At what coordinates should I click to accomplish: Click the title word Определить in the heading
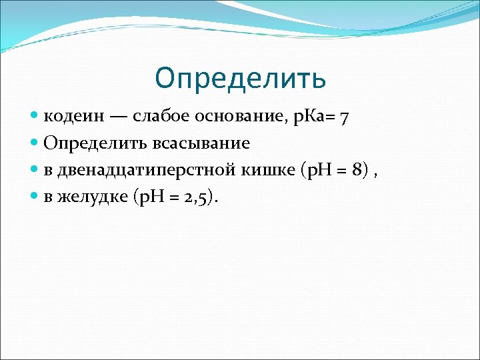[x=240, y=78]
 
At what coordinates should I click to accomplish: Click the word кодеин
[x=73, y=117]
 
